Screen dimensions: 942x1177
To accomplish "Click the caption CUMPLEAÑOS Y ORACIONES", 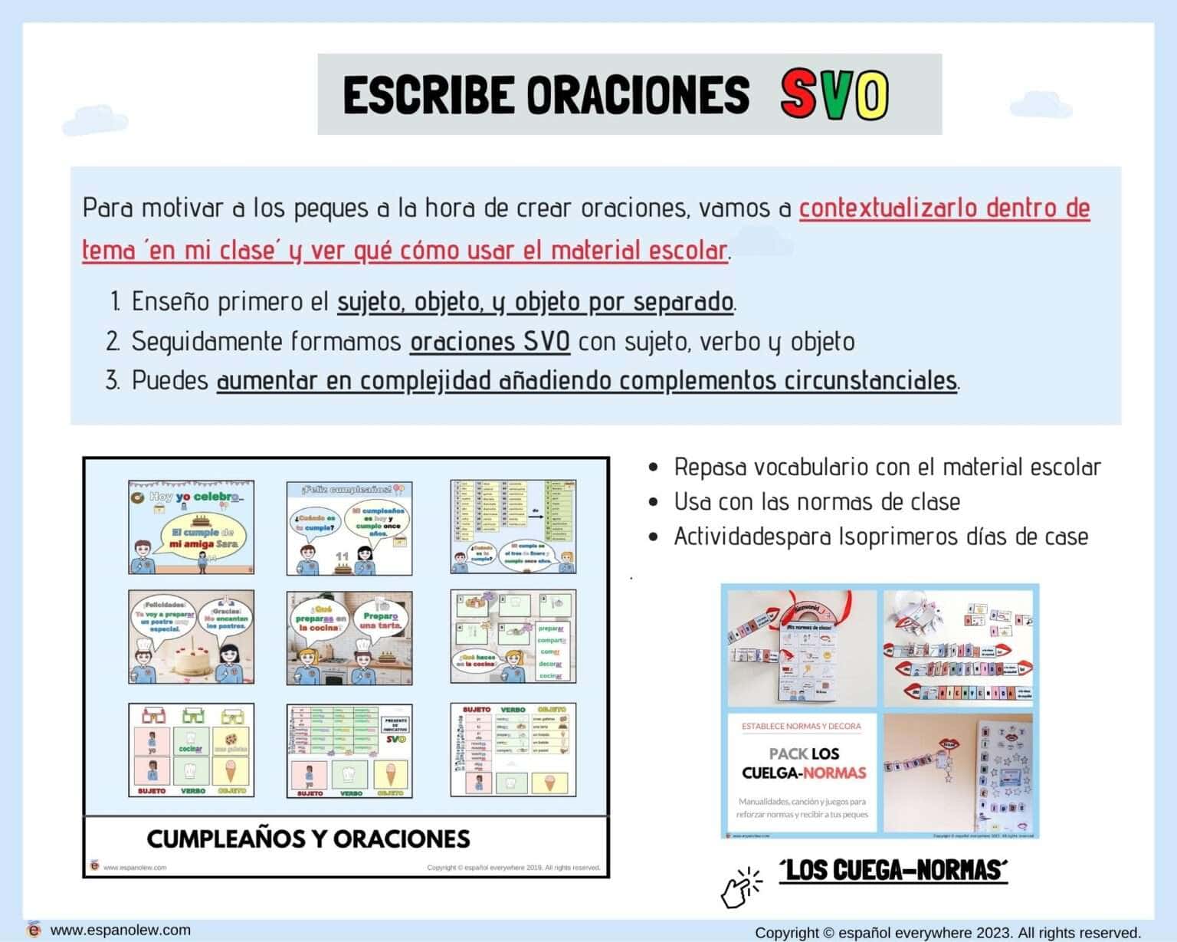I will click(308, 839).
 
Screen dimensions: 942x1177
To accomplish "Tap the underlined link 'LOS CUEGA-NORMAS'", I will click(893, 870).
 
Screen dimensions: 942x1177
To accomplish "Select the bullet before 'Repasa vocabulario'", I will click(653, 468).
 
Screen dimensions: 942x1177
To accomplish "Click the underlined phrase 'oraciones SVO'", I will click(490, 341).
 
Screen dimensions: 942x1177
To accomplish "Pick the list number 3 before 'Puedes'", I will click(113, 381).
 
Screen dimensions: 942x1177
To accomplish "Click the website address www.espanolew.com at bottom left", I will click(120, 930).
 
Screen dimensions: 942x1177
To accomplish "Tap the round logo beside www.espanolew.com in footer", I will click(33, 930).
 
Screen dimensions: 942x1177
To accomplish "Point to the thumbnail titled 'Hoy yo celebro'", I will click(192, 527).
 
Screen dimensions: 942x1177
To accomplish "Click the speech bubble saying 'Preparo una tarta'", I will click(381, 620).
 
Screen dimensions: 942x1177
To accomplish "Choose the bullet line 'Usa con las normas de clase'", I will click(817, 502).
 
